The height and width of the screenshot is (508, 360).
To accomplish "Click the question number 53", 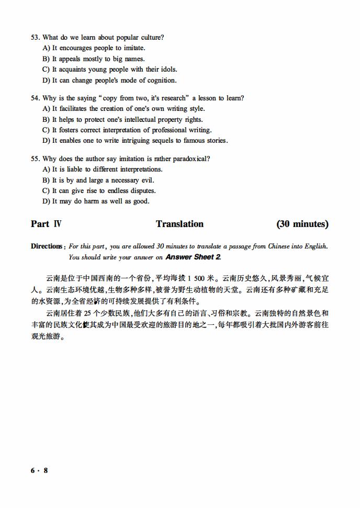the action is (36, 37).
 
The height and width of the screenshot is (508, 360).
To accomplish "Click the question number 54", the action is (36, 98).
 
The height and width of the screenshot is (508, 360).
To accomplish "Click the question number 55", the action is (36, 159).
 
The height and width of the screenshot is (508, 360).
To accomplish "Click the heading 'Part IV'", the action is (46, 224).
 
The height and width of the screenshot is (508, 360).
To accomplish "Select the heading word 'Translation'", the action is (179, 224).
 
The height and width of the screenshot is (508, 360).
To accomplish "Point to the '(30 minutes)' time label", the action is (302, 224).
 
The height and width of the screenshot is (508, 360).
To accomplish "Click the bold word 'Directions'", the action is (48, 246).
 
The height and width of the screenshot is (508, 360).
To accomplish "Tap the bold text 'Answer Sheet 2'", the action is (193, 257).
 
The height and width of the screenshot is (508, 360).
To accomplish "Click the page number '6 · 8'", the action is (39, 470).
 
